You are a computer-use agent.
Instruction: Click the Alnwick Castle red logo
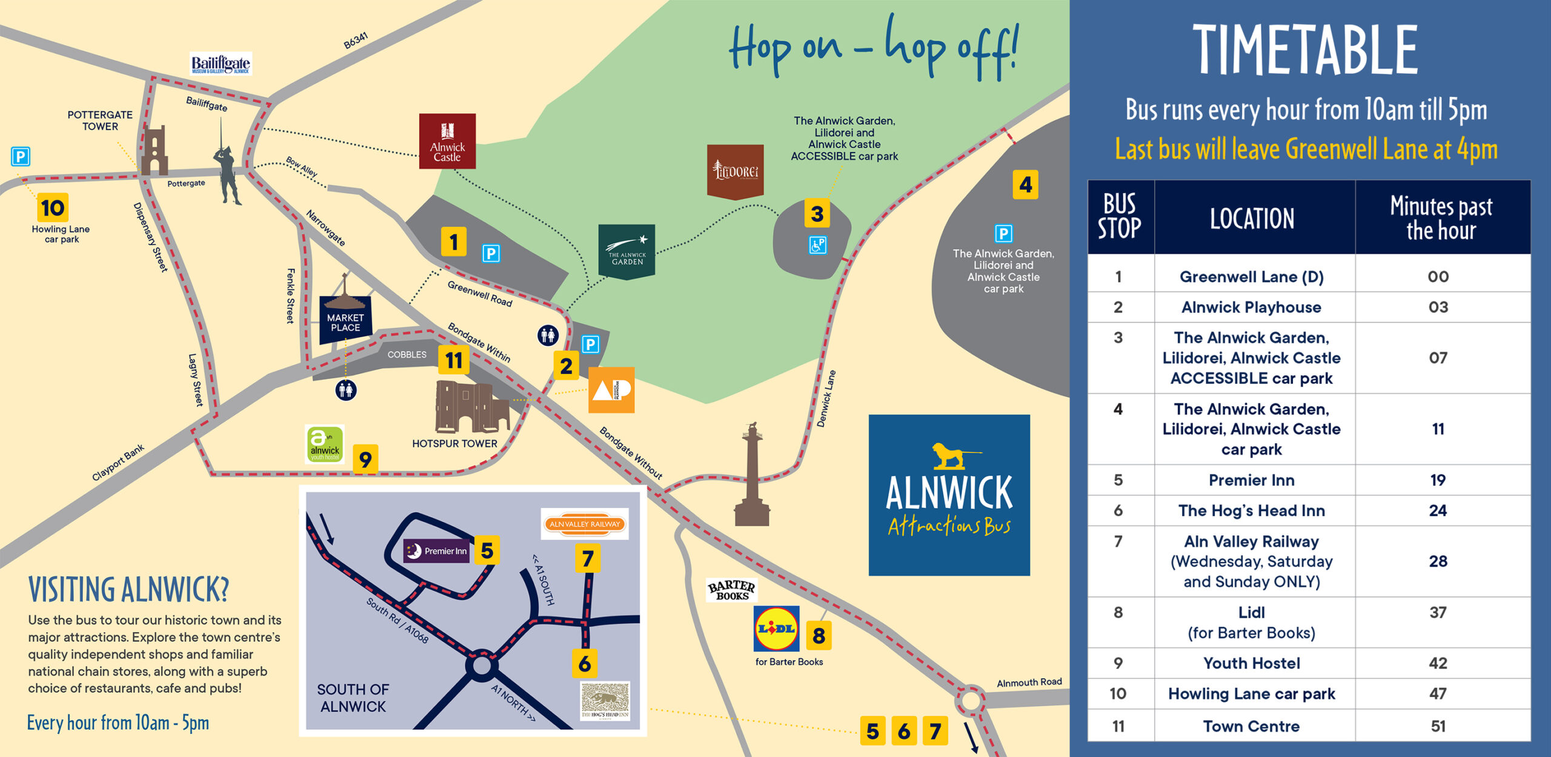[447, 140]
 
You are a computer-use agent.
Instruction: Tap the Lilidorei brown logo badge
[735, 171]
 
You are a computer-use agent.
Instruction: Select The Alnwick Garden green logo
[626, 251]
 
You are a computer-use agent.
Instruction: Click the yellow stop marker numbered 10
[53, 208]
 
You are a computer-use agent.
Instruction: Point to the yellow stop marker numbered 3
[817, 213]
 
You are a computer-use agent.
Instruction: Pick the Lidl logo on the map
[776, 629]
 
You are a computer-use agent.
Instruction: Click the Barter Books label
[731, 590]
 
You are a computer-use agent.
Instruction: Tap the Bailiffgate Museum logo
[221, 64]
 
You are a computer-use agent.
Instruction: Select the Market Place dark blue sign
[345, 320]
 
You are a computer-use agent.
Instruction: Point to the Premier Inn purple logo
[436, 550]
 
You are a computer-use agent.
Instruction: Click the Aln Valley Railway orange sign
[585, 524]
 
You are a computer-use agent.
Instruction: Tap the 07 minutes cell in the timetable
[1438, 357]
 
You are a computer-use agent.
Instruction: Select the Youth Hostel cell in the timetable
[1251, 663]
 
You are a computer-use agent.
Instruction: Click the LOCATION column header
[1252, 218]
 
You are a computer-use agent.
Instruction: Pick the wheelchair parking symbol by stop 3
[817, 245]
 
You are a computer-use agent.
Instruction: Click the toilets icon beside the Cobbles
[346, 390]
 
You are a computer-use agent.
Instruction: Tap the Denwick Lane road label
[826, 398]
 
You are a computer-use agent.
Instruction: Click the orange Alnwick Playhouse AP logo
[611, 390]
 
